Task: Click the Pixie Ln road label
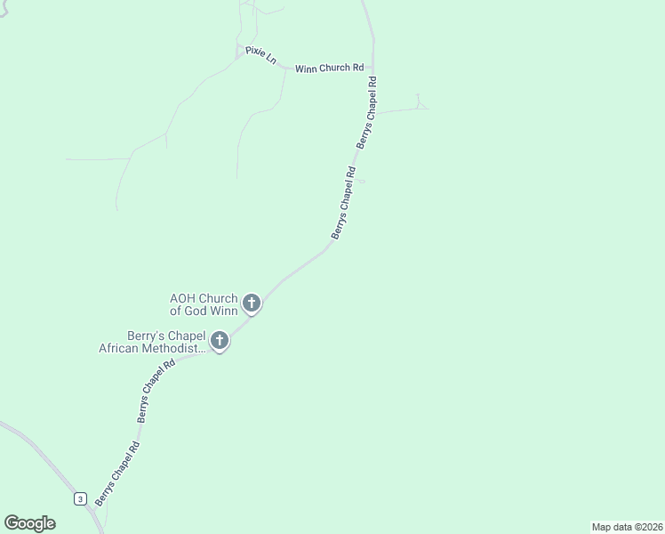[x=262, y=56]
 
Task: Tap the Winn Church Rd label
[x=330, y=69]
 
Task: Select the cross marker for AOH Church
[x=252, y=303]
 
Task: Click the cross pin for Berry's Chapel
[x=219, y=340]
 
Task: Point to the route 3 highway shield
[x=80, y=498]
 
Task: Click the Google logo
[x=29, y=523]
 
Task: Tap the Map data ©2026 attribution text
[x=627, y=526]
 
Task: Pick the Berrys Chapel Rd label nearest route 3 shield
[x=116, y=474]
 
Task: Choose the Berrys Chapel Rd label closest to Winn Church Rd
[x=366, y=112]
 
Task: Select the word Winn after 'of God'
[x=223, y=311]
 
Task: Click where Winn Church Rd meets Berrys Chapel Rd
[x=373, y=69]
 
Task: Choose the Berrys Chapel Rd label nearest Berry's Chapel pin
[x=156, y=392]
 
